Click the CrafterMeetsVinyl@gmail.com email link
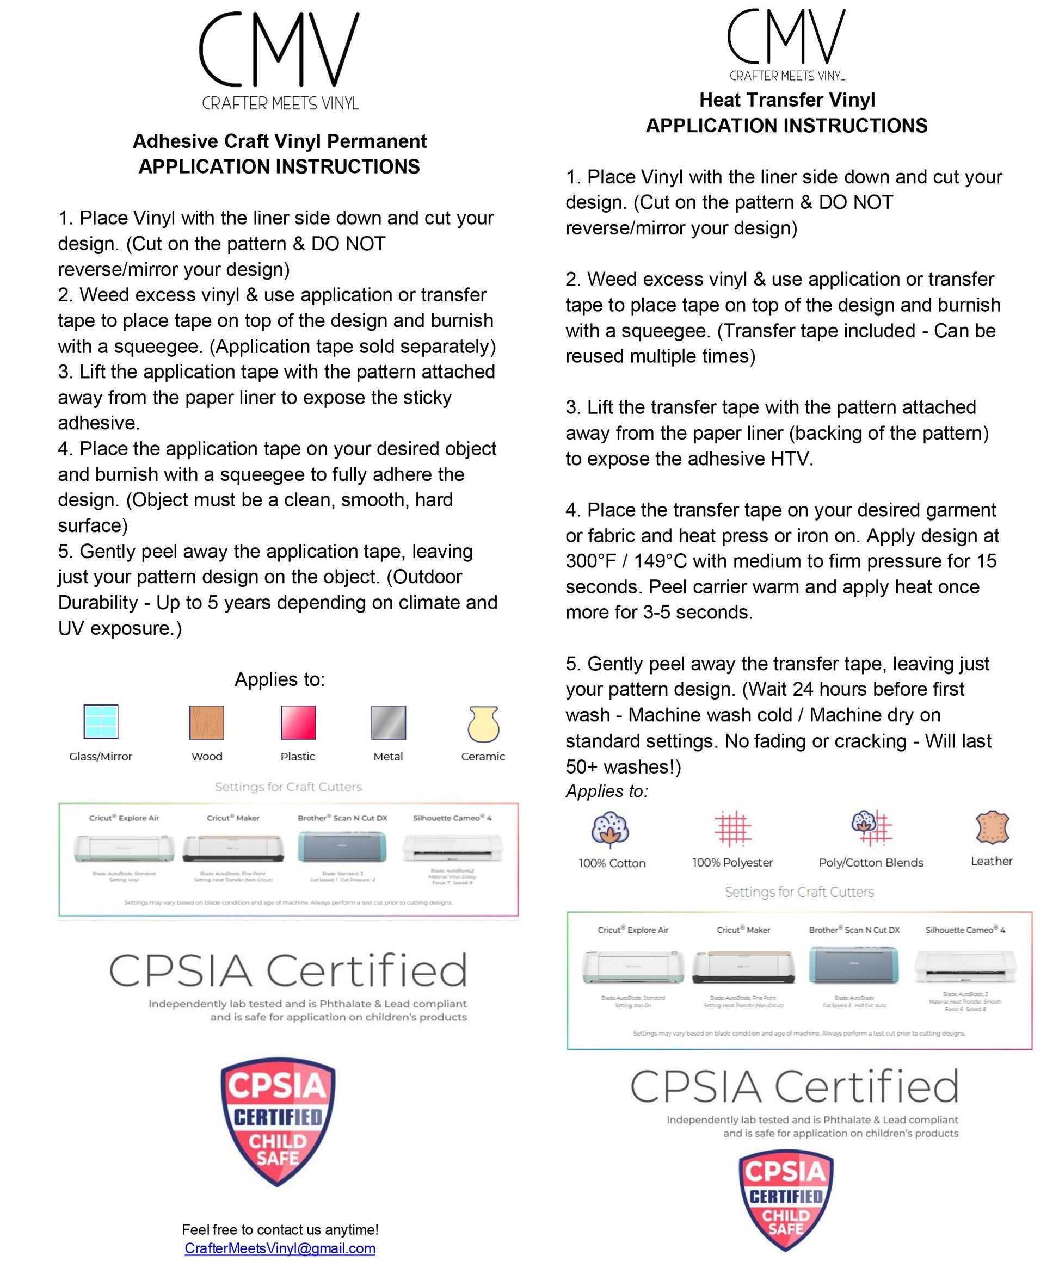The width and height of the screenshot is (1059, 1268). click(x=280, y=1248)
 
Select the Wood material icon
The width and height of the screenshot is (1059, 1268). click(x=207, y=722)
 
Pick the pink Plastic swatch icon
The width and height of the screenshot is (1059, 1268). click(x=298, y=722)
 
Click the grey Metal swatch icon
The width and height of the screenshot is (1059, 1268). click(x=389, y=722)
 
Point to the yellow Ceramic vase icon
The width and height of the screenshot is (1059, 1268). click(x=483, y=723)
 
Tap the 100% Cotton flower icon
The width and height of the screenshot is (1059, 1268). click(x=610, y=828)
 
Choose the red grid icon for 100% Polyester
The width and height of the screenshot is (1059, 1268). click(x=733, y=828)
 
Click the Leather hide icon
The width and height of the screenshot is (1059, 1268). click(x=992, y=827)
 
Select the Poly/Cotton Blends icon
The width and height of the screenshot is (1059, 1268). click(x=871, y=827)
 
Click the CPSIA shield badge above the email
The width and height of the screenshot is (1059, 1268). click(x=278, y=1121)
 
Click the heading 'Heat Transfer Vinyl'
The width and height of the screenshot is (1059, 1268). click(x=786, y=100)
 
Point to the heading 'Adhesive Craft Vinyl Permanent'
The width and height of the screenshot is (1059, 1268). click(x=279, y=141)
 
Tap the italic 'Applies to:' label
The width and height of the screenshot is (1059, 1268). click(x=607, y=791)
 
